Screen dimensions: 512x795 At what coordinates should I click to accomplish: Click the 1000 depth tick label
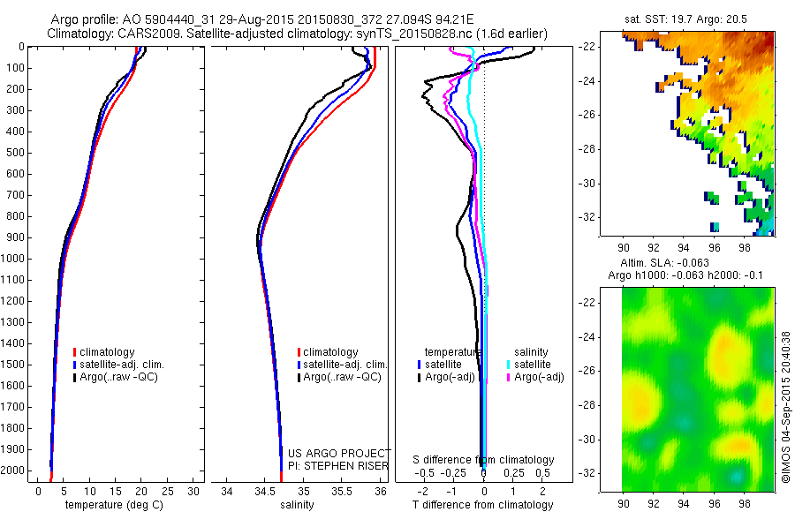click(x=15, y=259)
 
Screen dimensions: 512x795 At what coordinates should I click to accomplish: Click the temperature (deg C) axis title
click(x=111, y=505)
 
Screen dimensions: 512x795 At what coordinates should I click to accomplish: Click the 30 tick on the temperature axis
click(x=193, y=491)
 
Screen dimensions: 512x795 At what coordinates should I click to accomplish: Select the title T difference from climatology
click(x=484, y=505)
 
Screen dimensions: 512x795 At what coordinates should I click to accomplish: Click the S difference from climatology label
click(x=484, y=460)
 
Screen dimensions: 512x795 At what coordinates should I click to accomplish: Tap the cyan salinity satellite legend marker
click(x=510, y=364)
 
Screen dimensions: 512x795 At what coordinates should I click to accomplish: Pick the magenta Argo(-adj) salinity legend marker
click(x=510, y=377)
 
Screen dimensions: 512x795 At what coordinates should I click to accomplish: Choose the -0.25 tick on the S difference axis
click(x=458, y=473)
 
